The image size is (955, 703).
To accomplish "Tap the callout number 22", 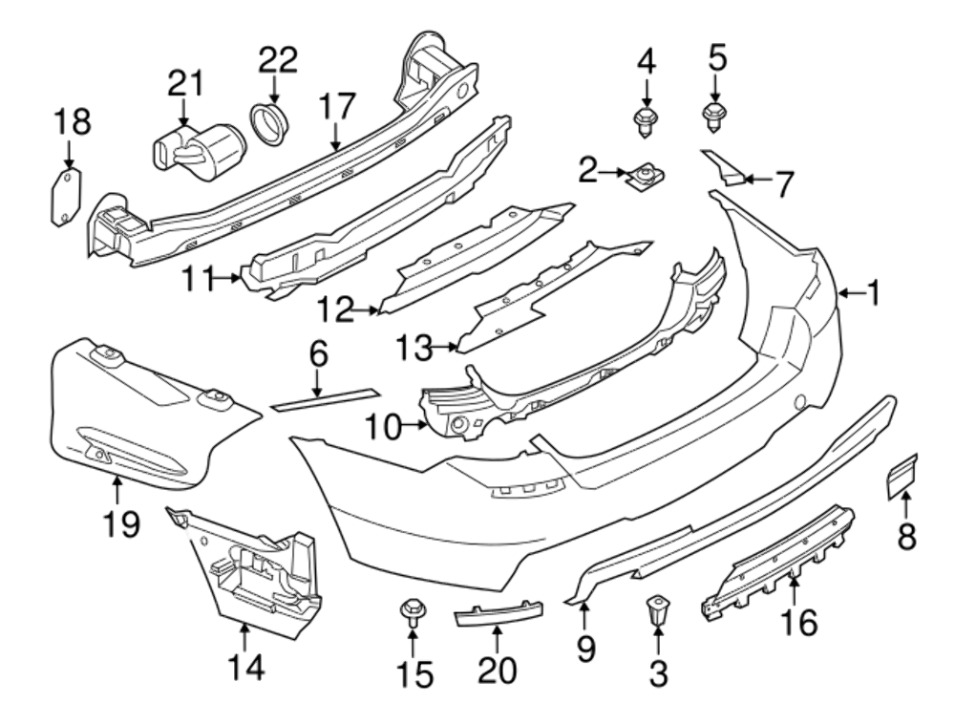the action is (x=278, y=59).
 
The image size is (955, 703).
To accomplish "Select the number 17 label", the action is (x=336, y=106).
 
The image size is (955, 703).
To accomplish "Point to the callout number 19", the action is (x=122, y=523).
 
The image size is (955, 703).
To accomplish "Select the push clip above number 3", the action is (x=657, y=609).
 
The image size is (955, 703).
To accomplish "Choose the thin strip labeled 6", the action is (x=326, y=399).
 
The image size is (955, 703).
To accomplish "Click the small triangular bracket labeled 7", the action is (x=724, y=167).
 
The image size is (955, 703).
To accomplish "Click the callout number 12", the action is (x=336, y=309).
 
